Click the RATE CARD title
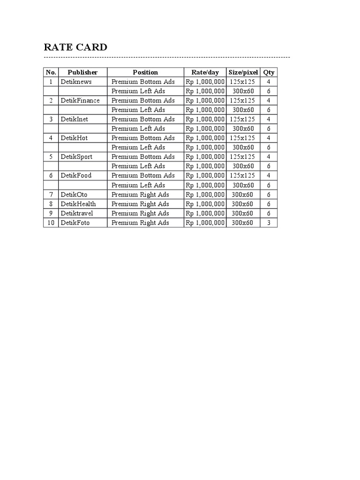[x=75, y=47]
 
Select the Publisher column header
[x=82, y=72]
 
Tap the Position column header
[x=145, y=72]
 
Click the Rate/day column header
[x=205, y=72]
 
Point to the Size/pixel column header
[x=243, y=72]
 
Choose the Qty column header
[x=269, y=72]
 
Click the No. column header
[x=51, y=72]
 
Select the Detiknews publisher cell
[x=76, y=82]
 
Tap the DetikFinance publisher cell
[x=80, y=100]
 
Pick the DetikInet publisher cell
[x=74, y=119]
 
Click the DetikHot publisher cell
[x=74, y=138]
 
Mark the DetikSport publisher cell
[x=76, y=157]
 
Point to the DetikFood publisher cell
[x=76, y=175]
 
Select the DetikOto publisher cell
[x=74, y=195]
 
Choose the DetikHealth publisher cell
[x=78, y=204]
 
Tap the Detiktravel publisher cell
[x=77, y=213]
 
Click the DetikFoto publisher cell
[x=75, y=223]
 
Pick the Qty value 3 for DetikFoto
[x=269, y=223]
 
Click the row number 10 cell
[x=51, y=223]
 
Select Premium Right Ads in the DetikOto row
[x=140, y=195]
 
